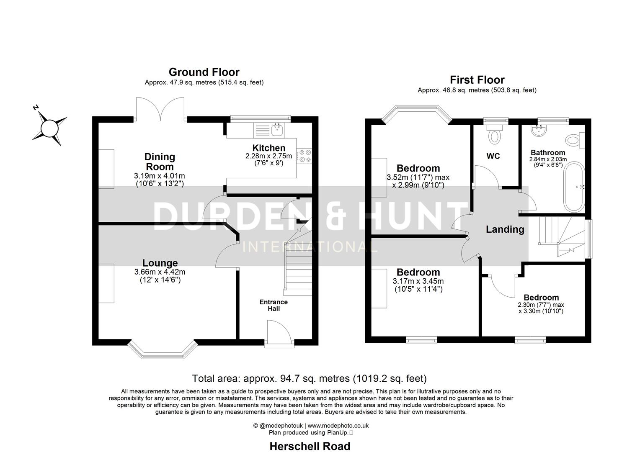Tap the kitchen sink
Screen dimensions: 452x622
coord(277,130)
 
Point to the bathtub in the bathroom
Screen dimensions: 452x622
coord(576,187)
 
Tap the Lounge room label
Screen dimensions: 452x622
coord(160,263)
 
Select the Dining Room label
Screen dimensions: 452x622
coord(160,162)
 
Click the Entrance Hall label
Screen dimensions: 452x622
coord(274,305)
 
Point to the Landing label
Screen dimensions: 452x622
coord(505,229)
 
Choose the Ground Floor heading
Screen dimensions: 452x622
coord(204,72)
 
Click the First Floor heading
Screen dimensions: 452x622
coord(477,80)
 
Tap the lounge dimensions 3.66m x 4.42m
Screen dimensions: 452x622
coord(160,272)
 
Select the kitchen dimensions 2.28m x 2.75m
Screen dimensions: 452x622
coord(268,156)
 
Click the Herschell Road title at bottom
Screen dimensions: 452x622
coord(310,446)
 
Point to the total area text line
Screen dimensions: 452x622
coord(309,378)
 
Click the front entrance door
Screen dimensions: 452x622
coord(279,334)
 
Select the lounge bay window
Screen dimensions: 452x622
coord(162,351)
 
